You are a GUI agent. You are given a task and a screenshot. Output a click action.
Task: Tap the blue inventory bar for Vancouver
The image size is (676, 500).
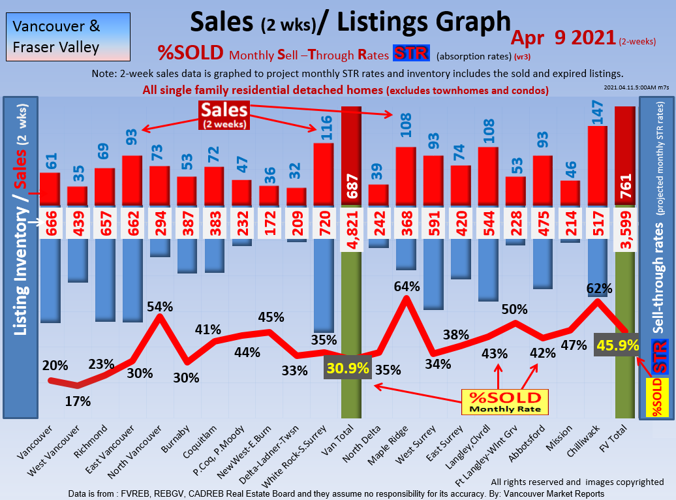(50, 281)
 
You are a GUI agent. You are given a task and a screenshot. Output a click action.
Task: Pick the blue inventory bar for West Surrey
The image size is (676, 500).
(433, 274)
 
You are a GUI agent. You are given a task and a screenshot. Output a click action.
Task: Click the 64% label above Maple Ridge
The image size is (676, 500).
(406, 286)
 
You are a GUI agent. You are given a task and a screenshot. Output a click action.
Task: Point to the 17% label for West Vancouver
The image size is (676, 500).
(78, 401)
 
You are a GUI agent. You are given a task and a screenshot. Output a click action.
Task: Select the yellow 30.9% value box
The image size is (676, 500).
(347, 368)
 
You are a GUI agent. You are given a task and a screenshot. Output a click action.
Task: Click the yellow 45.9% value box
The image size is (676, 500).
(617, 345)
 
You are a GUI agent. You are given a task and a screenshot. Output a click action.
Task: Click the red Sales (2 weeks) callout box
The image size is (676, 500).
(224, 115)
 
